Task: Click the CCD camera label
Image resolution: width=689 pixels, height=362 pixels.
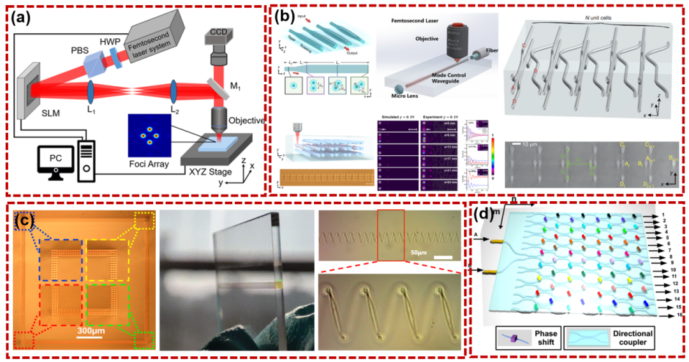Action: [218, 30]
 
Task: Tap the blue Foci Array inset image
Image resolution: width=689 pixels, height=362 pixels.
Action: [151, 135]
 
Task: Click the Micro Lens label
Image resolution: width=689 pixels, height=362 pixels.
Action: [404, 104]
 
